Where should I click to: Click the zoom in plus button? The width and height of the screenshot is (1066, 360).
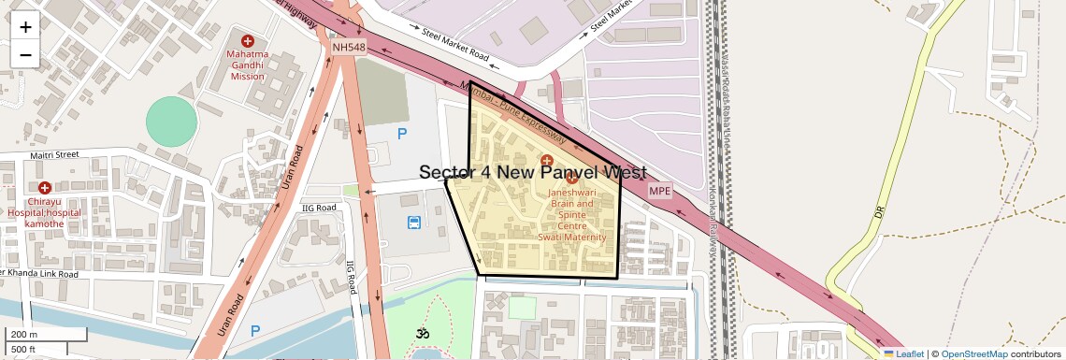[25, 27]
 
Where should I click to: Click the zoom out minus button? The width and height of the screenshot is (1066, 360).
[25, 55]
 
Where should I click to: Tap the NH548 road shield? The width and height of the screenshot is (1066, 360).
[348, 46]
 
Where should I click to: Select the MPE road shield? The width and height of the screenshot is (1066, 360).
[660, 191]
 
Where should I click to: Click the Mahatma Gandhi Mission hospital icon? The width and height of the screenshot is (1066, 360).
[248, 41]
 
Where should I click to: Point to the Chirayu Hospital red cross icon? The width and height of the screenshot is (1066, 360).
[44, 188]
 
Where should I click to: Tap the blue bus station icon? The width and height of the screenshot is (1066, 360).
[413, 222]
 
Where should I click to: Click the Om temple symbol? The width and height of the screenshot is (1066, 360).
[421, 333]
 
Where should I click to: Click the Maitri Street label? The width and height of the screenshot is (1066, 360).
[53, 155]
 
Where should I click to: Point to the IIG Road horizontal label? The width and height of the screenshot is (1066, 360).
[319, 208]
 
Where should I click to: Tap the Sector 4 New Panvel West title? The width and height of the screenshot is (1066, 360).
[532, 173]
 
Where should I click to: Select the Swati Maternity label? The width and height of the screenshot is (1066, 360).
[571, 238]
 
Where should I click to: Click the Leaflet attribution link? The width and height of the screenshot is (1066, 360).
[908, 353]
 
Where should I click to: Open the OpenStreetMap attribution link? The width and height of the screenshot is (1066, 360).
[973, 353]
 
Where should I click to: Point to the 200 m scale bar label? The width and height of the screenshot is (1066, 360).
[24, 335]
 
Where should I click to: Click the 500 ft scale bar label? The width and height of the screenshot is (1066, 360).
[23, 350]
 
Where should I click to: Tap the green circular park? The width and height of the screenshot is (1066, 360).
[172, 122]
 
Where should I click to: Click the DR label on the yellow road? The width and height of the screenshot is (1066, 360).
[879, 213]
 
